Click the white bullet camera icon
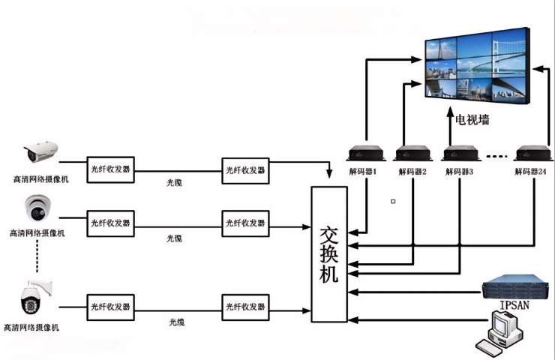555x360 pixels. (40, 151)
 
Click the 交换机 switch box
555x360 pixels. (329, 254)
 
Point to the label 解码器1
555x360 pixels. (363, 172)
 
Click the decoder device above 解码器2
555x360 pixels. (412, 153)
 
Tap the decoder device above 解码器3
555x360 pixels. (460, 153)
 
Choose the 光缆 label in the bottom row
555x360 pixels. (175, 322)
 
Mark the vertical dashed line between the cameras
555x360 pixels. (35, 259)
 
